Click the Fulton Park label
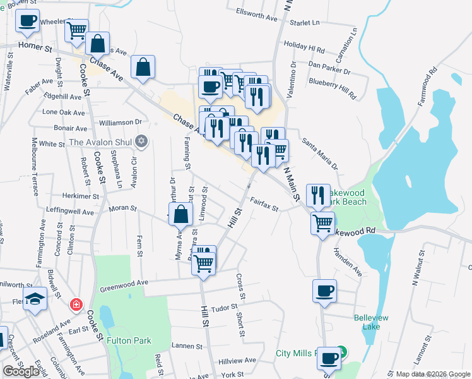click(x=129, y=340)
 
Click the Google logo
click(x=21, y=371)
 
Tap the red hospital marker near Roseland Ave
click(x=76, y=304)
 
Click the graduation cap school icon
click(x=35, y=300)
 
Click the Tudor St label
click(x=223, y=308)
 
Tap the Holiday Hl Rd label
click(x=304, y=47)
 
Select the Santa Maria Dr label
click(x=320, y=153)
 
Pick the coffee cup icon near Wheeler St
click(x=27, y=21)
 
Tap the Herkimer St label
click(x=81, y=196)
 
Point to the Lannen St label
click(x=186, y=346)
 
